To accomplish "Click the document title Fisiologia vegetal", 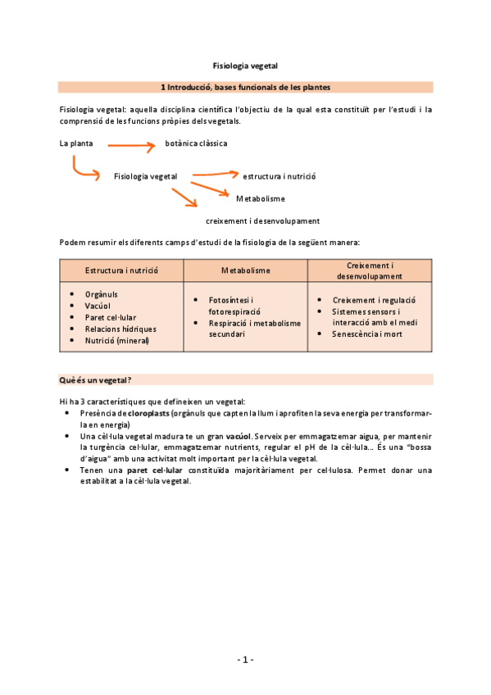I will (245, 64).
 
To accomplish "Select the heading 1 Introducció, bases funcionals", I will (245, 87).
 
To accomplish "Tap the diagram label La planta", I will (76, 143).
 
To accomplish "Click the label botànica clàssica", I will (197, 143).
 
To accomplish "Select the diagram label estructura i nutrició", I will (280, 176).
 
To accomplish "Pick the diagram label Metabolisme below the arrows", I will (261, 198).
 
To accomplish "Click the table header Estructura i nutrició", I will (121, 270).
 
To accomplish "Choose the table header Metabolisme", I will (245, 270).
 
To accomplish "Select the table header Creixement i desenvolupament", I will (370, 270).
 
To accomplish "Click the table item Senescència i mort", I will (366, 334).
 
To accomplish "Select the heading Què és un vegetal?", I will (97, 379).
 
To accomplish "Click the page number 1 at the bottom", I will (245, 659).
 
